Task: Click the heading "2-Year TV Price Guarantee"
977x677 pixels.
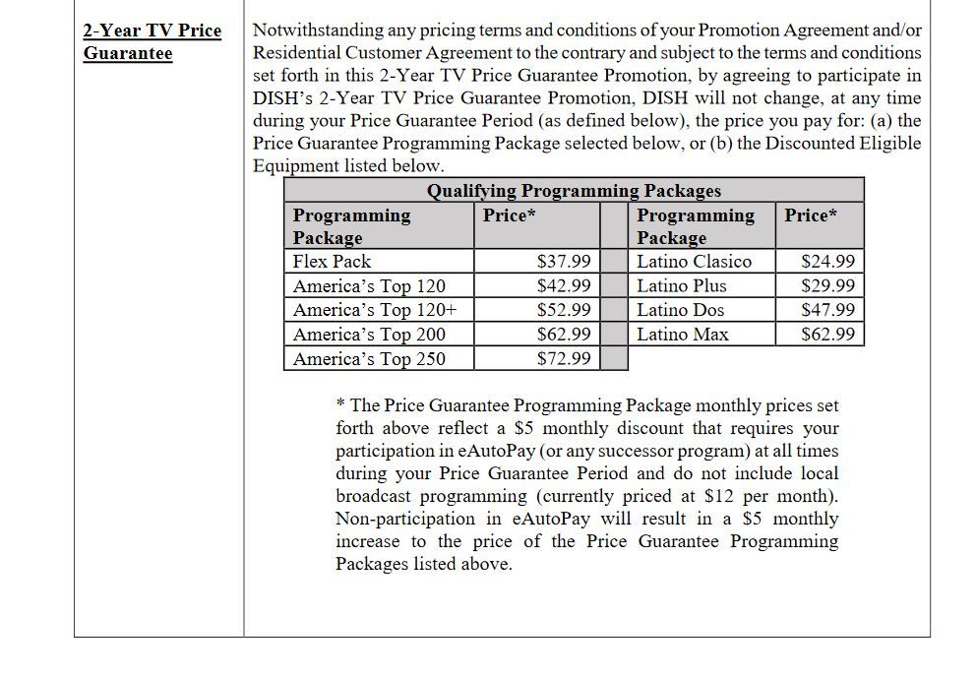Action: pos(153,41)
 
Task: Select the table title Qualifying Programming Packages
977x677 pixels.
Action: pos(574,191)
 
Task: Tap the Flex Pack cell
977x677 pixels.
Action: pos(332,262)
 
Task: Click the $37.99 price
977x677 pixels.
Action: pos(564,262)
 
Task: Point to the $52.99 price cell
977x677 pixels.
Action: pos(564,310)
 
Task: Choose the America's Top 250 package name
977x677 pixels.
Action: pos(369,359)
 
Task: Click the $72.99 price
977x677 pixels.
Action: pos(564,359)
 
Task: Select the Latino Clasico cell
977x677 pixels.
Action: pos(694,262)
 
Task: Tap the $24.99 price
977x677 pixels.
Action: pos(828,262)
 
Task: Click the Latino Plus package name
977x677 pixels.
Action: pos(682,286)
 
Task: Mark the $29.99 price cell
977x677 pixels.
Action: pos(828,286)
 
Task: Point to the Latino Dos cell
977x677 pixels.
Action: pos(680,310)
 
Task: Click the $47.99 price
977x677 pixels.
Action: pos(828,310)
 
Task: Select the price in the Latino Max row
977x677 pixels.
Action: pos(828,335)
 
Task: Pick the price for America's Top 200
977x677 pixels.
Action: pos(564,335)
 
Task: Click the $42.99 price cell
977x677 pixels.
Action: pos(564,286)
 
